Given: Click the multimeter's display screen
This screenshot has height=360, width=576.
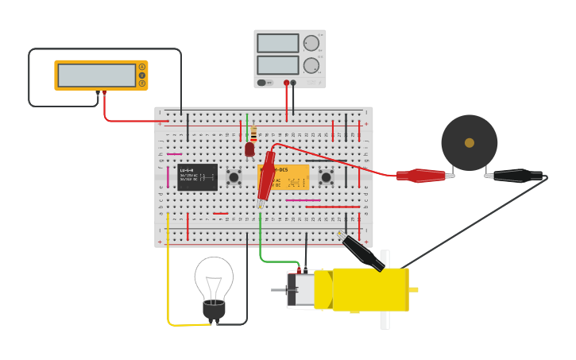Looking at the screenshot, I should (x=96, y=75).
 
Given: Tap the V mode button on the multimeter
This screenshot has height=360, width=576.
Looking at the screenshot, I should (x=142, y=75).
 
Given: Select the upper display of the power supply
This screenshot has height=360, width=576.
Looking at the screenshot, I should (x=277, y=43).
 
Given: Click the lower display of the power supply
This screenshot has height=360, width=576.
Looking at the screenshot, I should (x=277, y=65).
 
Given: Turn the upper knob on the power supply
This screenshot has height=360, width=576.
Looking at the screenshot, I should (x=311, y=43).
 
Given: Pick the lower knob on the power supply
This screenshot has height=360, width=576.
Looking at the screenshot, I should (x=311, y=65).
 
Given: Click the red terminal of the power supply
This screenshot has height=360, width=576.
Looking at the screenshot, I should (x=286, y=82).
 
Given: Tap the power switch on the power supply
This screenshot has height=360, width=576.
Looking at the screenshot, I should (x=261, y=82).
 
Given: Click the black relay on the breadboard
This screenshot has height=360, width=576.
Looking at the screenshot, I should (x=197, y=176).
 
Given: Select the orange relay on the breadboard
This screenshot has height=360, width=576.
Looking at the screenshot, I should (x=290, y=176).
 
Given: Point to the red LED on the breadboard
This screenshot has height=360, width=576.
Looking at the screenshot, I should (x=249, y=149).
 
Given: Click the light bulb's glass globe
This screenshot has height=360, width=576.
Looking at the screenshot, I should (x=214, y=278).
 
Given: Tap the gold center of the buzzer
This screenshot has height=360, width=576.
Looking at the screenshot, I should (x=470, y=143).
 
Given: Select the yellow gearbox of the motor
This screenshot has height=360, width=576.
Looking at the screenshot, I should (x=369, y=289).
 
